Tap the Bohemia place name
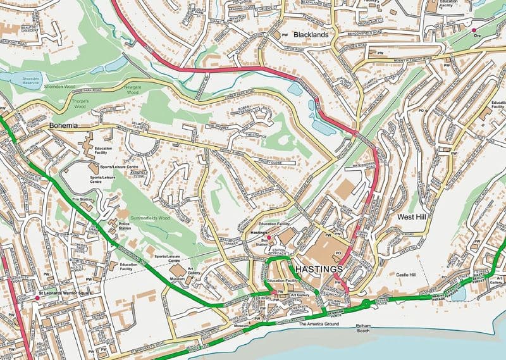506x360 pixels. (x=63, y=126)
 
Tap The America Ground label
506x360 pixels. (x=319, y=324)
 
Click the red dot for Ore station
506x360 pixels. (x=474, y=29)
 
